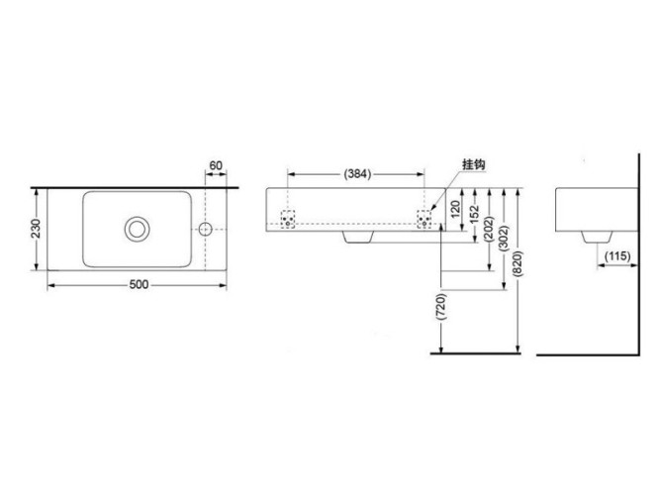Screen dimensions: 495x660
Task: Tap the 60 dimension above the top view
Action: click(218, 165)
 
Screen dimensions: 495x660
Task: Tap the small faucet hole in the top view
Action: click(206, 229)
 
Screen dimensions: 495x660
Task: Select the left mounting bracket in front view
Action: click(289, 217)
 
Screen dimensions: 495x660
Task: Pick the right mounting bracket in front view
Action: click(425, 217)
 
